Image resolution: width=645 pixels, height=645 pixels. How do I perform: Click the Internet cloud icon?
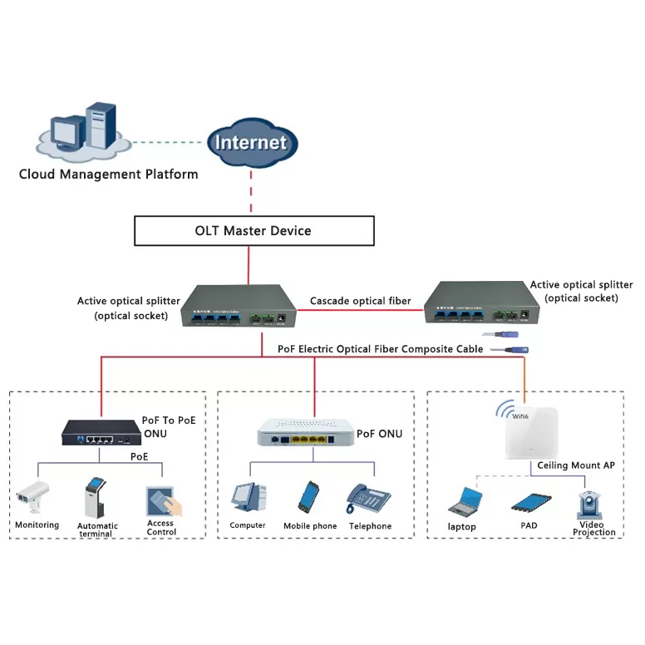pyautogui.click(x=251, y=142)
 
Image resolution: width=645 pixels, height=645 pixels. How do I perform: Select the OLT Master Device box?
pyautogui.click(x=254, y=230)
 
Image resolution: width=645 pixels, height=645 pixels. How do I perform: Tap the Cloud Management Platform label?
pyautogui.click(x=108, y=174)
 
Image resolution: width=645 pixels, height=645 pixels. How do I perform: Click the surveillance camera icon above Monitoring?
pyautogui.click(x=33, y=496)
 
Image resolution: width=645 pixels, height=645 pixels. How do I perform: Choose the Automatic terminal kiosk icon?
pyautogui.click(x=96, y=497)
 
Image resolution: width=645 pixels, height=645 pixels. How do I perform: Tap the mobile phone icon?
pyautogui.click(x=310, y=497)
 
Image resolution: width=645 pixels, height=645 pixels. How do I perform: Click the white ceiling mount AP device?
pyautogui.click(x=543, y=431)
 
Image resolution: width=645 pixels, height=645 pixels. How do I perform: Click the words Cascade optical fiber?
pyautogui.click(x=361, y=301)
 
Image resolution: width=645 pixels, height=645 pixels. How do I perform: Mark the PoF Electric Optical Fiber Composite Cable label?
pyautogui.click(x=380, y=350)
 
